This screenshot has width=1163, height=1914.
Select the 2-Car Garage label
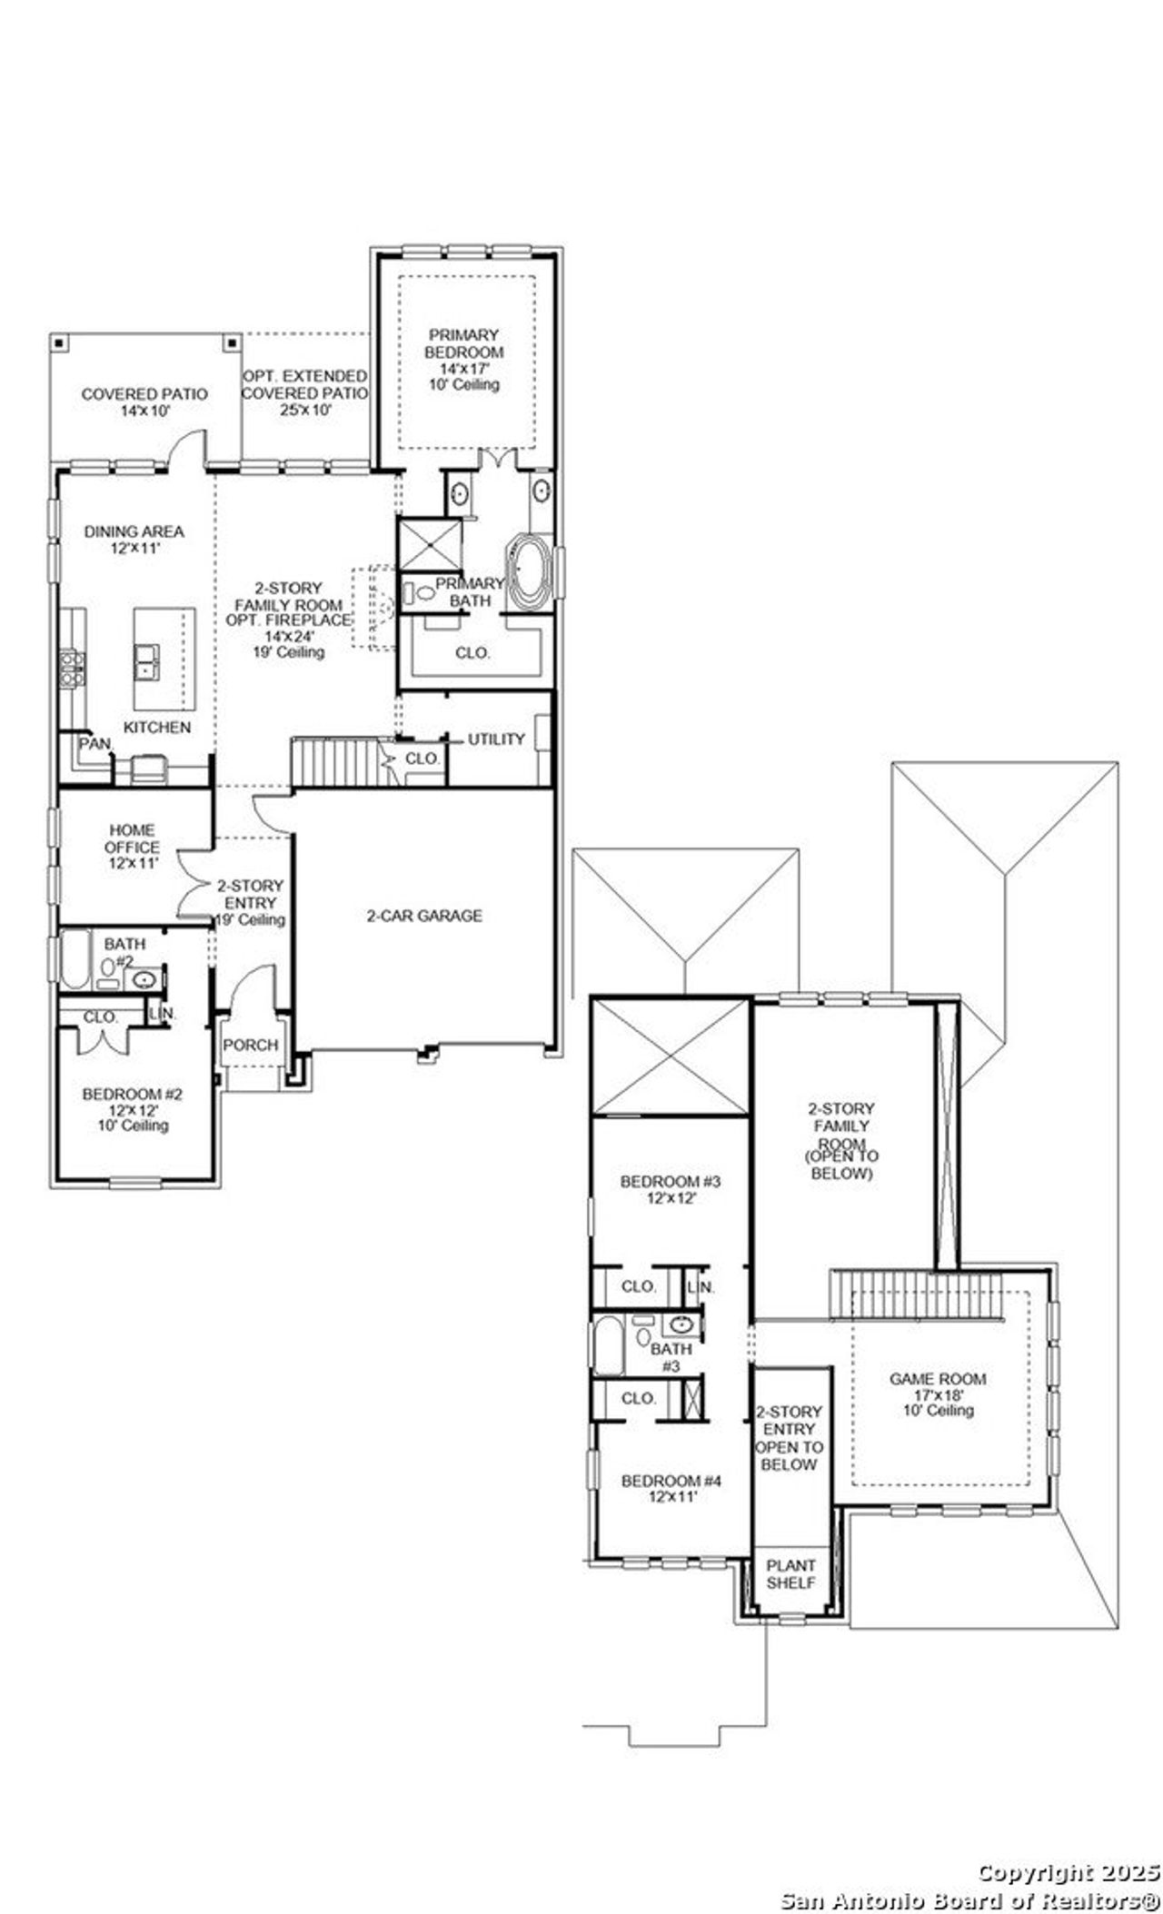click(424, 916)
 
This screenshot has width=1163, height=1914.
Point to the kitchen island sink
click(146, 660)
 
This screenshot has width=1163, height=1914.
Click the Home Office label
click(132, 838)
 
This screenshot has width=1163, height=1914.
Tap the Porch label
click(251, 1045)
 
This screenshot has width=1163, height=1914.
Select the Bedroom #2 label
click(133, 1095)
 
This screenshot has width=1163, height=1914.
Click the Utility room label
click(496, 739)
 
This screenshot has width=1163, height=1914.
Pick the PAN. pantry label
click(94, 744)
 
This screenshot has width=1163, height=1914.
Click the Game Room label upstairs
click(937, 1379)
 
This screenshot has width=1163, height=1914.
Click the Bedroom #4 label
click(671, 1481)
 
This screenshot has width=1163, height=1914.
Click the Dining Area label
click(134, 531)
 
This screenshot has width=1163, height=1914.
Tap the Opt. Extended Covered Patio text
click(304, 384)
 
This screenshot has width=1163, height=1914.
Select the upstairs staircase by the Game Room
click(915, 1294)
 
